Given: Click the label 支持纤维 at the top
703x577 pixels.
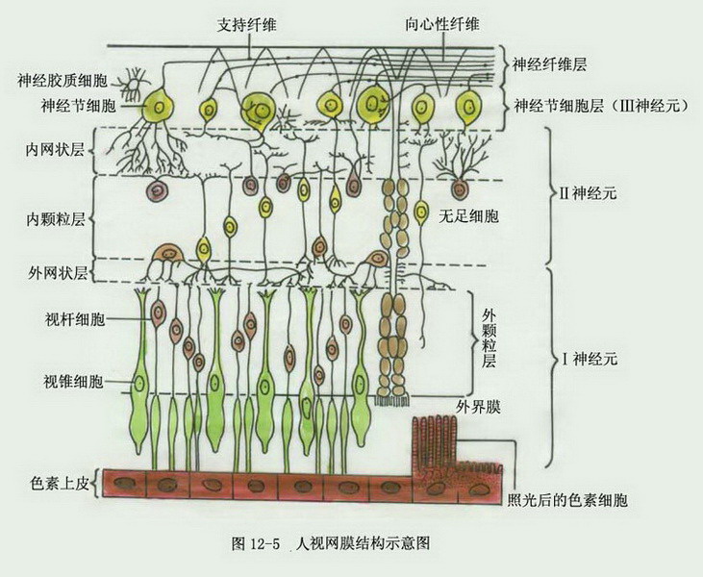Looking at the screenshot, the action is pos(246,25).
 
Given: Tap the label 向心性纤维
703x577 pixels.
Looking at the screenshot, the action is pos(442,24).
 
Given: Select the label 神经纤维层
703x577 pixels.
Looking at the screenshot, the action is pos(549,65).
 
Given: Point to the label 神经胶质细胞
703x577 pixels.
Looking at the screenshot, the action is pos(63,81).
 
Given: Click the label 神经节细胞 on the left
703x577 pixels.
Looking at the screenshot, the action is pos(78,106).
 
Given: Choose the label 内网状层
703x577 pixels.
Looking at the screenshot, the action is pos(55,150).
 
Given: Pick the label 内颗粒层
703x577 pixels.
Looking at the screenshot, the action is pos(56,219).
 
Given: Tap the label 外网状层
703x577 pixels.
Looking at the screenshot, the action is pos(58,272).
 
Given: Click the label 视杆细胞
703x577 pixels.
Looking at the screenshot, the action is pos(74,319).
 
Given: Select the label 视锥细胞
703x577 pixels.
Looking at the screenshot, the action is pos(73,382).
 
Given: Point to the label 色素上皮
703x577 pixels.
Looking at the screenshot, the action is pos(60,484).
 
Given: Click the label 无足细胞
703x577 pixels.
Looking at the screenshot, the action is pos(468,217).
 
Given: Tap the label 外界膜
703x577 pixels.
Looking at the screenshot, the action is pos(478,407).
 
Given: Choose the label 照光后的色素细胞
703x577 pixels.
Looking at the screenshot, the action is pos(567,500).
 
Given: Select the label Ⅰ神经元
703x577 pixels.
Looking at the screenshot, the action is pos(590,359).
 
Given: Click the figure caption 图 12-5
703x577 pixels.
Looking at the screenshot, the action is pos(256,544).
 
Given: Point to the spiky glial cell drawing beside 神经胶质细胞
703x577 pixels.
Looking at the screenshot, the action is pos(133,84).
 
